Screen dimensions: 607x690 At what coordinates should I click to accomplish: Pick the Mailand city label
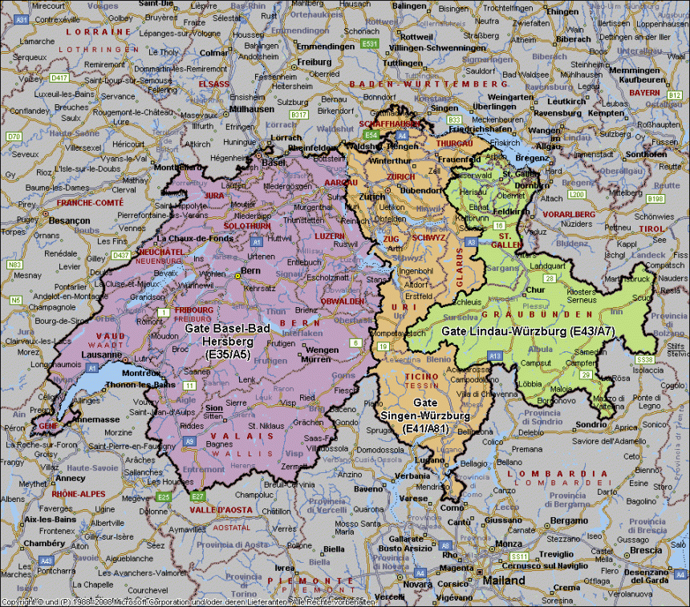[503, 581]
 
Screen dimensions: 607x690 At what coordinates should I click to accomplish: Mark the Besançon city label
[69, 220]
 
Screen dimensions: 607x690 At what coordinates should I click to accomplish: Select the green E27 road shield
[197, 496]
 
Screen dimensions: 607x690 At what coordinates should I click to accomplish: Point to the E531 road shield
[369, 43]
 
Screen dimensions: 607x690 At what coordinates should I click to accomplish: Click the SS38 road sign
[644, 360]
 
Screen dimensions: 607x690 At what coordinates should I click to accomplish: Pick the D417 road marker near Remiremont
[59, 78]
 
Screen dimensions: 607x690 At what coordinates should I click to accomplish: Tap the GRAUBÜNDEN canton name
[552, 314]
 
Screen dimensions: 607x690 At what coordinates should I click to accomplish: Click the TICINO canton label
[420, 376]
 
